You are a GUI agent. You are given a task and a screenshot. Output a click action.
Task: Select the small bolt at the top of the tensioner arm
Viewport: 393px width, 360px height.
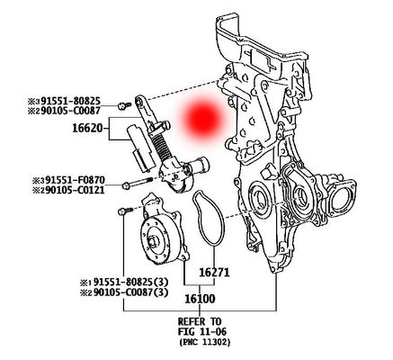tap(123, 106)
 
